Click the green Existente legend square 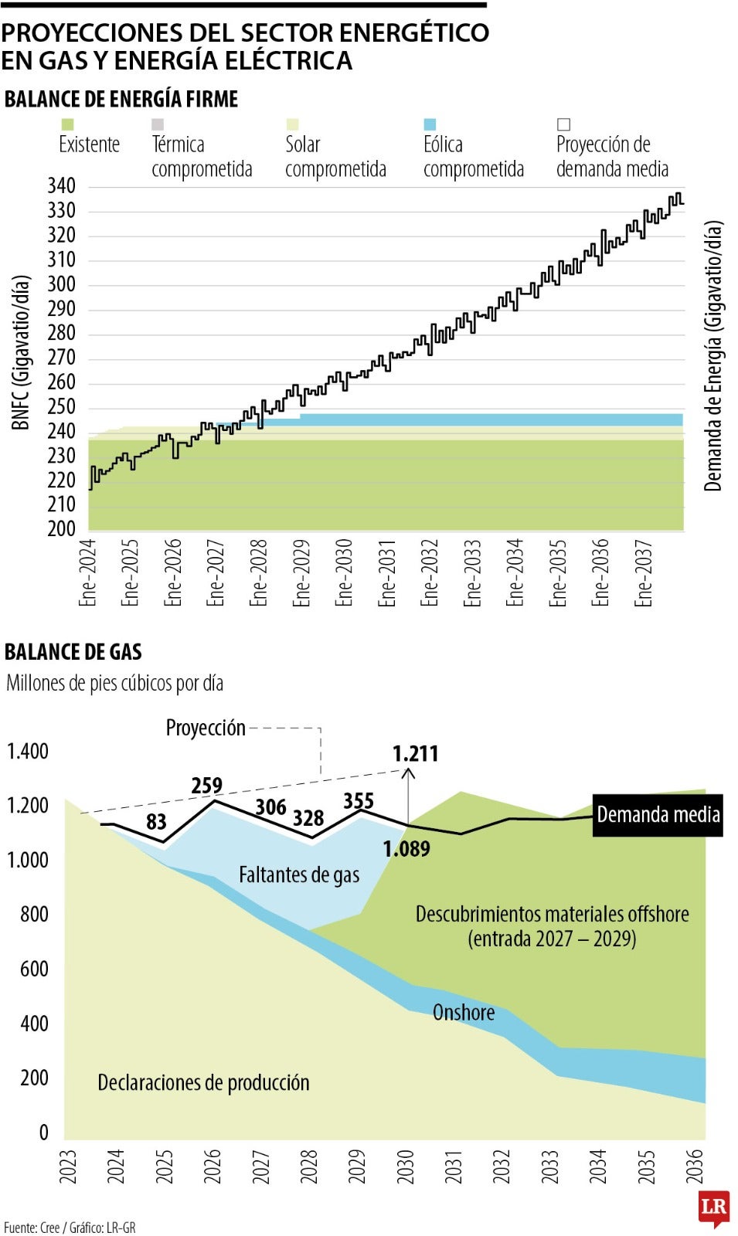tap(67, 124)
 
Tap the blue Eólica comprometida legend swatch tap(430, 124)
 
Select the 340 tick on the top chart tap(61, 186)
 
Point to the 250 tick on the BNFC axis tap(61, 407)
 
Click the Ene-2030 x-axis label tap(344, 572)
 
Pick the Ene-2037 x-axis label tap(644, 572)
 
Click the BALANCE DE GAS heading tap(73, 652)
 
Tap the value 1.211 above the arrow tap(415, 754)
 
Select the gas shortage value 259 tap(206, 786)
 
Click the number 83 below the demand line tap(156, 822)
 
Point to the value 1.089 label tap(406, 849)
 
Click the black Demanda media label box tap(658, 815)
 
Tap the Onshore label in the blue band tap(464, 1013)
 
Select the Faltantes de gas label tap(299, 875)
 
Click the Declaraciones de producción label tap(203, 1083)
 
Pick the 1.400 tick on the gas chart tap(28, 751)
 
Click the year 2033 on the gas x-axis tap(549, 1166)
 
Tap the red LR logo tap(713, 1207)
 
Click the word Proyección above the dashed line tap(206, 728)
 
